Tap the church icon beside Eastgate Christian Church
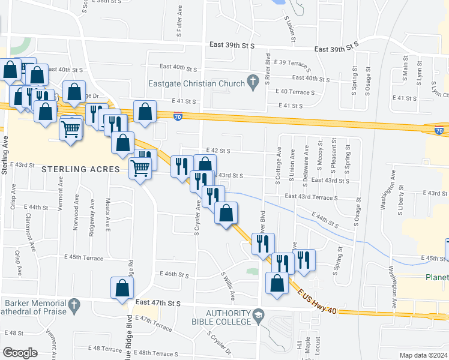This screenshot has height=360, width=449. (253, 81)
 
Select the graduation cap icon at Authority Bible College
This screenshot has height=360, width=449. (258, 314)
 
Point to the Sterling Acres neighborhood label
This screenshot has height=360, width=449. (81, 169)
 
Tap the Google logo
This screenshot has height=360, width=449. (20, 352)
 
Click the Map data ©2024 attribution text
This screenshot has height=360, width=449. (423, 355)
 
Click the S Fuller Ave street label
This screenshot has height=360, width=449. (179, 22)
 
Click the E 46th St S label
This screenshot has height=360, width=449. (175, 274)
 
